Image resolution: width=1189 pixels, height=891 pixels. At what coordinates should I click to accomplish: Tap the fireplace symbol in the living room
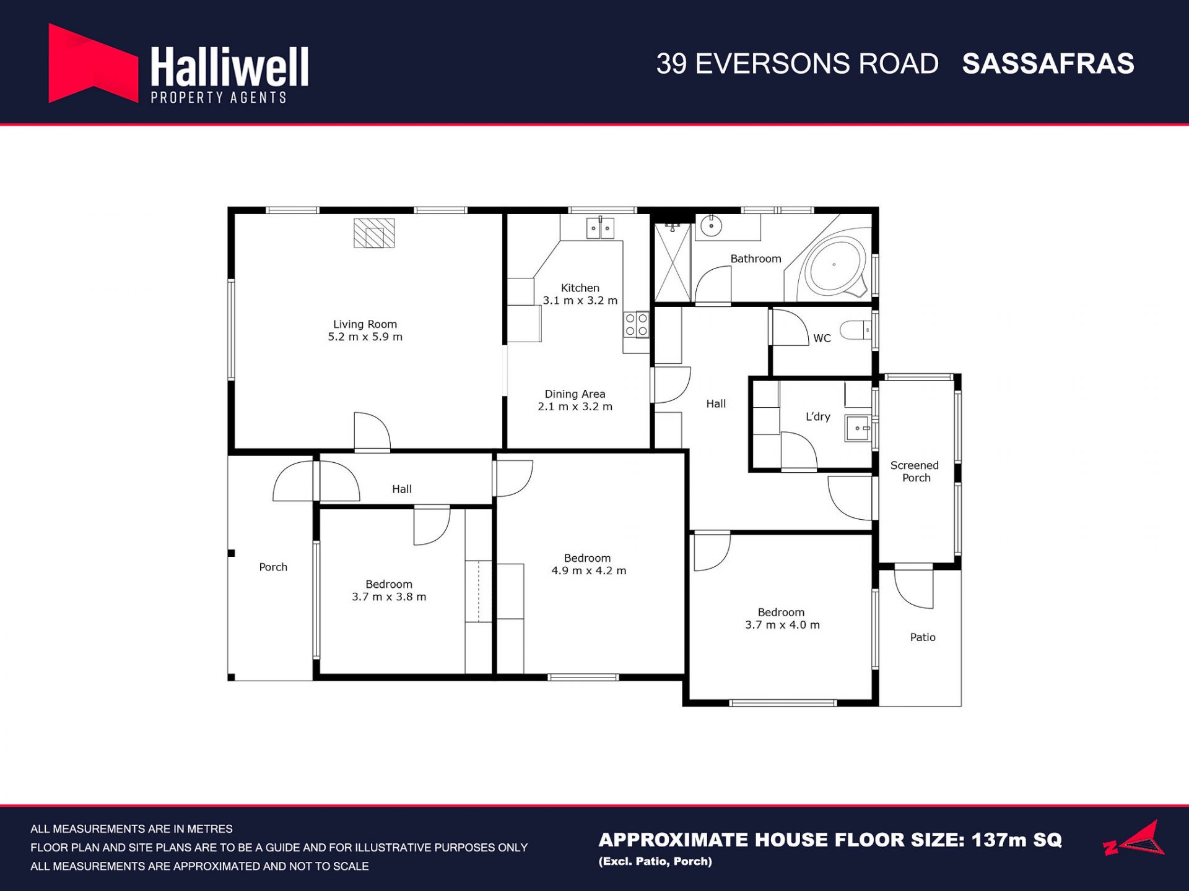click(374, 233)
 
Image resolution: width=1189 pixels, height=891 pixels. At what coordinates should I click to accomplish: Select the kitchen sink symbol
click(600, 228)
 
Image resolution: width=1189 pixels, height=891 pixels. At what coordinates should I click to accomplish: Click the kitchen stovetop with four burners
click(636, 325)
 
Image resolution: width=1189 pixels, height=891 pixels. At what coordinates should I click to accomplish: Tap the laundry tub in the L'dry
click(858, 428)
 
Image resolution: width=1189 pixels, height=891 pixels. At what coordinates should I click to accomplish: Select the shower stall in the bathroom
click(673, 262)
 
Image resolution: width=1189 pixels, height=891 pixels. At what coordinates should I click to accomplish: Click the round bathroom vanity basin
click(711, 226)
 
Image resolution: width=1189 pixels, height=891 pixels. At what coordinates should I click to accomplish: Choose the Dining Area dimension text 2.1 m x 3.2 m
click(575, 407)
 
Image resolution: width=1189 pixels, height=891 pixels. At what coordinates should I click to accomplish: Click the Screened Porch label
click(915, 471)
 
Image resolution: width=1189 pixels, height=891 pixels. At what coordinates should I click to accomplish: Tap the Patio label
click(923, 637)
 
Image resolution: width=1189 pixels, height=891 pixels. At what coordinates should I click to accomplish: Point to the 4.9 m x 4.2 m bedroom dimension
click(588, 570)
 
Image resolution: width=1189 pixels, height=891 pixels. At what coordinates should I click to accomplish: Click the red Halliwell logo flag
click(93, 64)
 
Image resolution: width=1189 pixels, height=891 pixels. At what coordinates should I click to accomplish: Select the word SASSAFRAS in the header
click(1048, 64)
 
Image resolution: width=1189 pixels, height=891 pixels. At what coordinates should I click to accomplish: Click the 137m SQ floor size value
click(1017, 840)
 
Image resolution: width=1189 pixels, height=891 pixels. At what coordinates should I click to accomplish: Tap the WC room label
click(822, 338)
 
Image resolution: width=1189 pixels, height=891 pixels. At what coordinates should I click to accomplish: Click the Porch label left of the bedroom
click(273, 567)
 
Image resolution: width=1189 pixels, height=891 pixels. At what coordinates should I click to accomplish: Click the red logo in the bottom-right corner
click(1134, 838)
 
